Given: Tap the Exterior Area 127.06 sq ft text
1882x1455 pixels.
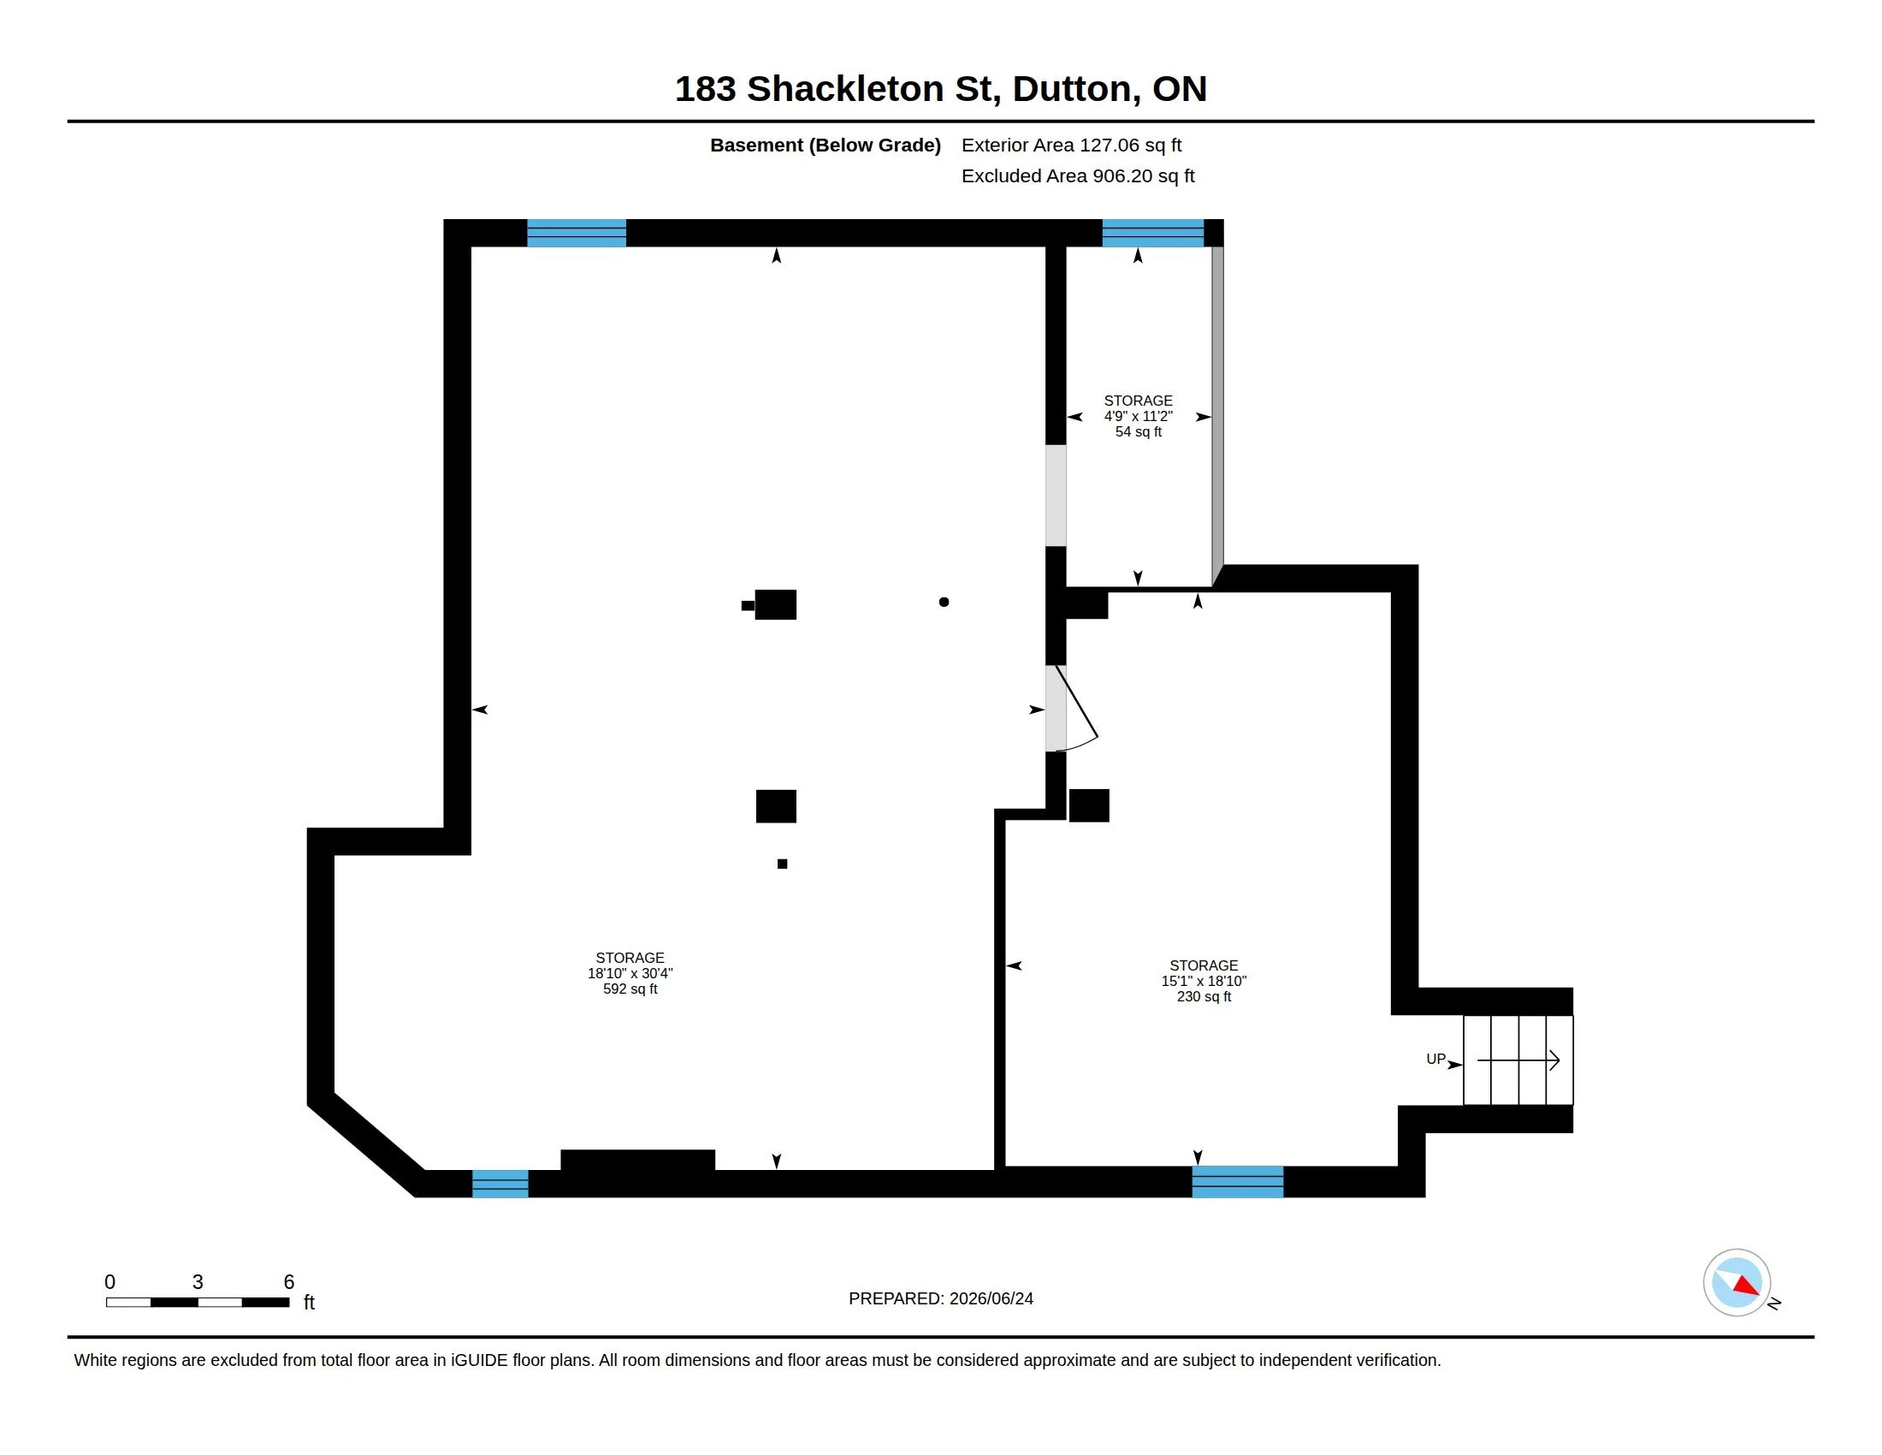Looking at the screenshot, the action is tap(1071, 145).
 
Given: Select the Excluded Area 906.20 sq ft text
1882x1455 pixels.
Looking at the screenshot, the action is tap(1077, 175).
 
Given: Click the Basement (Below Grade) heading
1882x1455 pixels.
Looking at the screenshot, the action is tap(825, 145).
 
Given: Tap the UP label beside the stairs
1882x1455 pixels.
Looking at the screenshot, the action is tap(1435, 1059).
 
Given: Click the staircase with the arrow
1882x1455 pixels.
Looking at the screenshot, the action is tap(1518, 1060).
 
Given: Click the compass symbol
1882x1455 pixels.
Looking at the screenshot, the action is tap(1737, 1283).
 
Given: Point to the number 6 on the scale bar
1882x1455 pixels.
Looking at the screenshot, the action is tap(288, 1282).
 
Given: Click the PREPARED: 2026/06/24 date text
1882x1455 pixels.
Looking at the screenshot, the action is tap(941, 1298).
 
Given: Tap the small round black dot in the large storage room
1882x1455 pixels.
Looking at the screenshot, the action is tap(944, 602).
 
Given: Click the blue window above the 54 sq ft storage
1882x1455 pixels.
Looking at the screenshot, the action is tap(1153, 233).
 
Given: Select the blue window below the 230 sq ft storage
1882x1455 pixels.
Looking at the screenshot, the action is tap(1238, 1182).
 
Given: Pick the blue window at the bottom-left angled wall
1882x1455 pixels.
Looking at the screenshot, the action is tap(500, 1184).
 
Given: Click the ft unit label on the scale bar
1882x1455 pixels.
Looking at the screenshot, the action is tap(310, 1303).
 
